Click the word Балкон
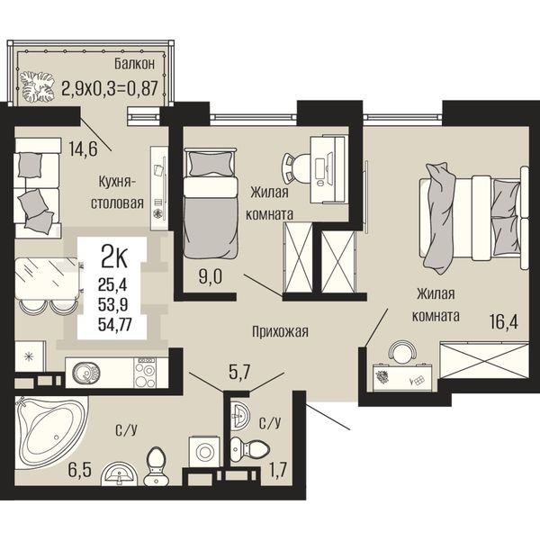pos(135,64)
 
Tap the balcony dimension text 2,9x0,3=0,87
pos(110,88)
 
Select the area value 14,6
pos(83,149)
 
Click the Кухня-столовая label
pos(117,193)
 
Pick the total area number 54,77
pos(115,325)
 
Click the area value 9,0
pos(211,277)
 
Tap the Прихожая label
pos(280,332)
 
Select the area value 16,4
pos(504,323)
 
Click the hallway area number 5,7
pos(239,373)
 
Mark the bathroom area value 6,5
pos(80,470)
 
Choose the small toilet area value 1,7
pos(277,470)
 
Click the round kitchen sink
pos(85,373)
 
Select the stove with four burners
pos(145,373)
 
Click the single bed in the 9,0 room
pos(211,203)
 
